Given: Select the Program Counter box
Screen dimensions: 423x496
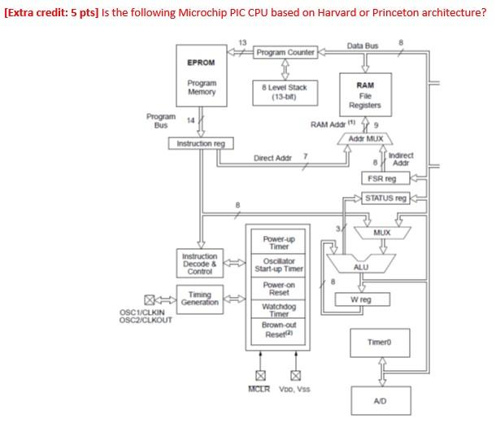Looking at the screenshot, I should click(x=285, y=53).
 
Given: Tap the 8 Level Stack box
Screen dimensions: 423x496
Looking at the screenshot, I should click(x=285, y=90).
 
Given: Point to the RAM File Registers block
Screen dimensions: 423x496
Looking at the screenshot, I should click(x=365, y=94).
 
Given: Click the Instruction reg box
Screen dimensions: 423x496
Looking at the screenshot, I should click(x=201, y=144).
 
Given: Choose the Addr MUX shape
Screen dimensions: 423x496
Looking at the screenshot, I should click(x=365, y=139).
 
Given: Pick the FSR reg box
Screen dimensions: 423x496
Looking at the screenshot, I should click(x=379, y=178).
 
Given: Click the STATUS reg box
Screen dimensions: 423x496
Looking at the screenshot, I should click(x=385, y=198).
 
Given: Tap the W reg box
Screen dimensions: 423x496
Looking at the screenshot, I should click(x=365, y=299).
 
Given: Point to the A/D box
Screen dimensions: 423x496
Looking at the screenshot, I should click(x=379, y=401).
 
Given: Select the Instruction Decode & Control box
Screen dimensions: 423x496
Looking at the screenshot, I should click(x=200, y=264).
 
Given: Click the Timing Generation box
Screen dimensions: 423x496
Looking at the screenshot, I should click(x=200, y=299).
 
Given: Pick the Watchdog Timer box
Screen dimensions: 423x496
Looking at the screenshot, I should click(x=279, y=310).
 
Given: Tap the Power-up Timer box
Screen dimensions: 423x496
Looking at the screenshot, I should click(x=279, y=242).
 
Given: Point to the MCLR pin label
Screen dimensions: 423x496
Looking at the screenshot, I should click(x=259, y=389).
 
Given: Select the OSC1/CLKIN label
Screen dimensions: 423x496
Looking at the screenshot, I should click(x=142, y=312).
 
